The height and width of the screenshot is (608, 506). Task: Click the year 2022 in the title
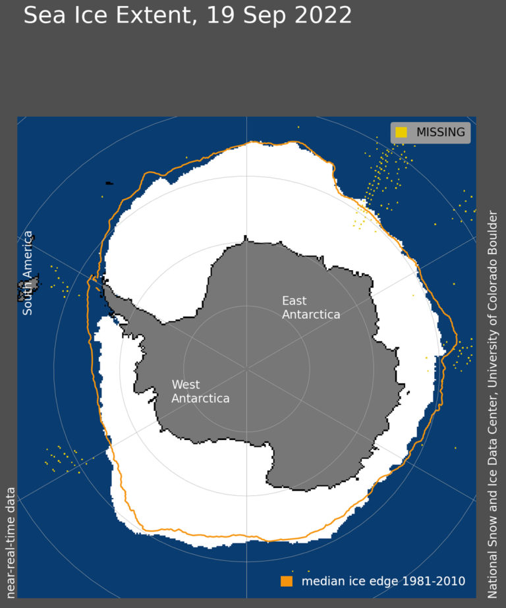[323, 14]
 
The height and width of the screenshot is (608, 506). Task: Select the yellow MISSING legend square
[401, 132]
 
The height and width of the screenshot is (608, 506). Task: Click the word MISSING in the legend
[440, 132]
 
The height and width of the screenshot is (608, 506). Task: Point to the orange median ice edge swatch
[286, 581]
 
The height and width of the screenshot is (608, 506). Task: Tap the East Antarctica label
[310, 308]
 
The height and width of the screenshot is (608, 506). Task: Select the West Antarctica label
[200, 391]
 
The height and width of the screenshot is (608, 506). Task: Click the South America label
[28, 273]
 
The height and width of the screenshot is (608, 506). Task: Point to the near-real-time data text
[11, 541]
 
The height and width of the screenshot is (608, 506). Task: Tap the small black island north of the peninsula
[108, 183]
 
